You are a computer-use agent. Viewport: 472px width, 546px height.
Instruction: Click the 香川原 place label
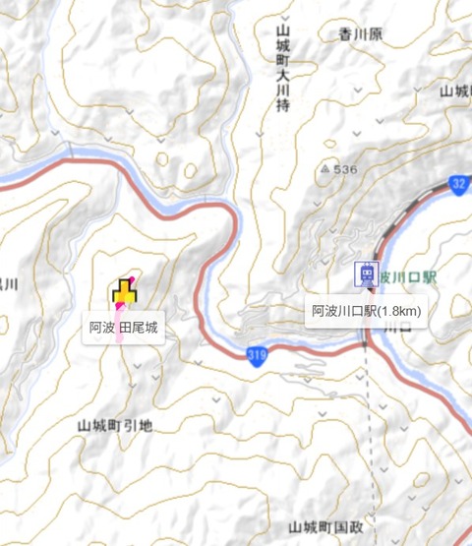[361, 34]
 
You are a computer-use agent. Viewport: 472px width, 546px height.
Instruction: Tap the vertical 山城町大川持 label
[282, 70]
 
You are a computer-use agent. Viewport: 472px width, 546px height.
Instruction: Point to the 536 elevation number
[344, 170]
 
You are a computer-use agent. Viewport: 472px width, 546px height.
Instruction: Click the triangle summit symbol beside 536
[324, 170]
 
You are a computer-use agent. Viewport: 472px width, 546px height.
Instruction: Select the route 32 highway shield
[460, 184]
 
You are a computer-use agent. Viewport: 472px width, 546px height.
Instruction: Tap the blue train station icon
[367, 274]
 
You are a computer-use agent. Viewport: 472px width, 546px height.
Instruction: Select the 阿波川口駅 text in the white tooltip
[345, 311]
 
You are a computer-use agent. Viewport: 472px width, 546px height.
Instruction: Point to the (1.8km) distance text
[400, 311]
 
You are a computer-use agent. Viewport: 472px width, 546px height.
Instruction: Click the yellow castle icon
[123, 293]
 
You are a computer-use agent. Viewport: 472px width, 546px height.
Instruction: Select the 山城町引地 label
[115, 426]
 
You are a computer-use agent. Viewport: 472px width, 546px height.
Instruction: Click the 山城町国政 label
[326, 528]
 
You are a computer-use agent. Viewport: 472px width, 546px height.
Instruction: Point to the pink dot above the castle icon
[131, 279]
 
